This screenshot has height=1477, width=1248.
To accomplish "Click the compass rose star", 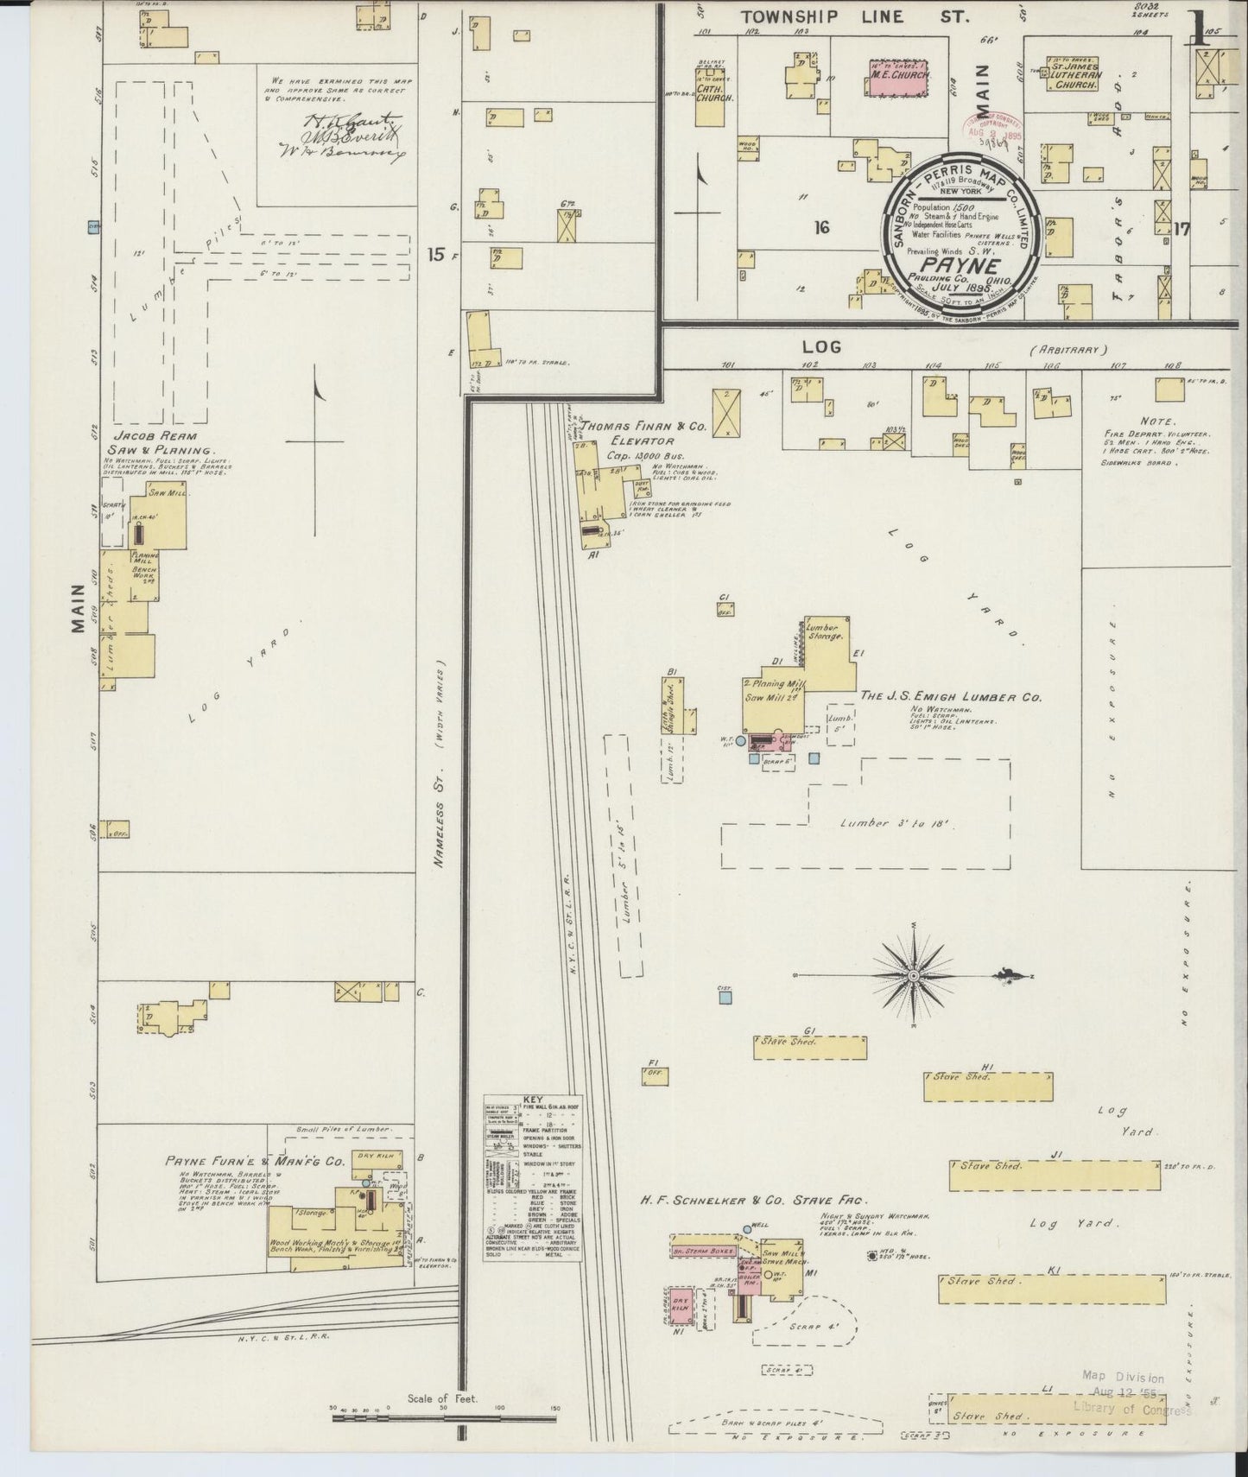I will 912,975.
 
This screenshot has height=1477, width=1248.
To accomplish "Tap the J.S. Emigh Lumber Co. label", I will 950,696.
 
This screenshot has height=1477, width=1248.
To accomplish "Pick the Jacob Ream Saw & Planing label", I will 161,443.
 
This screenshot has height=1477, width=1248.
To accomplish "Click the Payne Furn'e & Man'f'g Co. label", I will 255,1162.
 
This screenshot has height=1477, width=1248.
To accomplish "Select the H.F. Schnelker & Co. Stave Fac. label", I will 753,1200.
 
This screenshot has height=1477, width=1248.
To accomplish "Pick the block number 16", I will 820,227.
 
